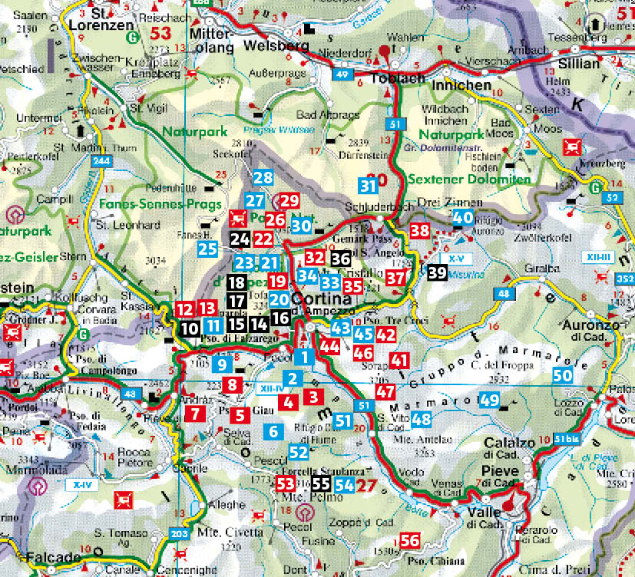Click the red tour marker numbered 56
(x=410, y=541)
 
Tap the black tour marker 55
(x=322, y=484)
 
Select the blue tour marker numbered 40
(x=463, y=218)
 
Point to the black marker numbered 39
(x=437, y=272)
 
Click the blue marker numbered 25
(x=207, y=249)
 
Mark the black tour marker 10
(x=190, y=328)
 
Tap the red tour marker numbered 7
(x=196, y=414)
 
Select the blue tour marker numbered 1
(x=305, y=357)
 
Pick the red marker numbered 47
(x=385, y=391)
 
